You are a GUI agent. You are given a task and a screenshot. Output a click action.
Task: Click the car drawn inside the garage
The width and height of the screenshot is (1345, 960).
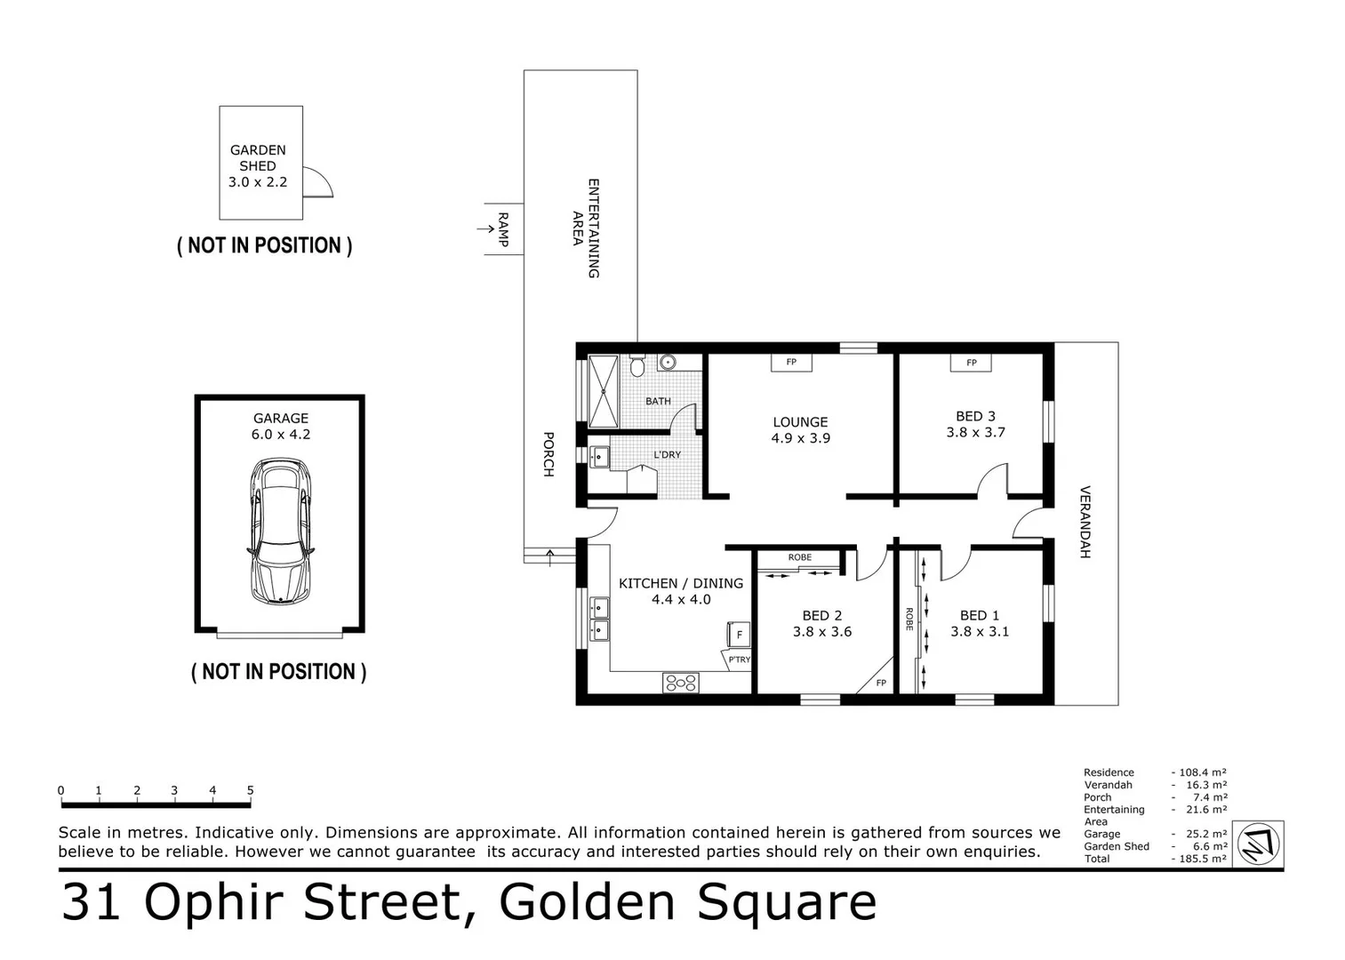coord(281,531)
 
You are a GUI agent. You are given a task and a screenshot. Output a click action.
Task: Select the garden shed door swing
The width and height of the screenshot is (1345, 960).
coord(316,183)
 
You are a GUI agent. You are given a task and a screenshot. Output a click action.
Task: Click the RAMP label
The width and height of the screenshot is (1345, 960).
coord(503,229)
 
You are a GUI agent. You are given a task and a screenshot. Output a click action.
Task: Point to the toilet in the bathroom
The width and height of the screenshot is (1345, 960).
coord(636,365)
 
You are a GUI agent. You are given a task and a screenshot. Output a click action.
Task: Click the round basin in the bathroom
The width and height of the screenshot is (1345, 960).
coord(667,362)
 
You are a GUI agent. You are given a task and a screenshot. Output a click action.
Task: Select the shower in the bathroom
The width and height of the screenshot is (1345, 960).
coord(603,390)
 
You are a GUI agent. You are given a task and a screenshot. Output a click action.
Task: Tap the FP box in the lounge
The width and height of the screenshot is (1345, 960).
coord(790,362)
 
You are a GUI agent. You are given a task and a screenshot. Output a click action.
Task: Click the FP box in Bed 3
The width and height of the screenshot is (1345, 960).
coord(971,362)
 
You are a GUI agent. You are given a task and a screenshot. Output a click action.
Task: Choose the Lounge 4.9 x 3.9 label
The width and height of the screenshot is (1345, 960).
coord(800,430)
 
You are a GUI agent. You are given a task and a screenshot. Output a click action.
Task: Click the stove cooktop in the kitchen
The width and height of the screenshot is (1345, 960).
coord(680,683)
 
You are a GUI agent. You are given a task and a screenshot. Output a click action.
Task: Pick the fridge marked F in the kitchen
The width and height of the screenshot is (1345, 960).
coord(738,635)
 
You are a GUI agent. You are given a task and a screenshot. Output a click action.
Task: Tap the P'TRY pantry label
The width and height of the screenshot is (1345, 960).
coord(738,660)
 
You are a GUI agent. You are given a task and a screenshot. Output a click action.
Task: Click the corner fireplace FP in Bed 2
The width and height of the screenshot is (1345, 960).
coord(879,681)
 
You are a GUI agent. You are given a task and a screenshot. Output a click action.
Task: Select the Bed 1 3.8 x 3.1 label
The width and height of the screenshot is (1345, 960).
coord(979,623)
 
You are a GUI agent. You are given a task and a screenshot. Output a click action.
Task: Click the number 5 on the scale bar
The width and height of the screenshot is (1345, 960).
coord(250,790)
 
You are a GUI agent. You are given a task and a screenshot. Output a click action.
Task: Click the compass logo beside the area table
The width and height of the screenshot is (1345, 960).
coord(1259,844)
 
